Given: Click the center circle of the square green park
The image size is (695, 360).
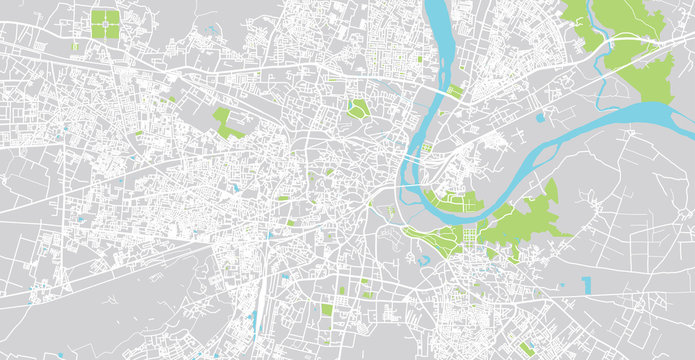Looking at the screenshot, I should [104, 24].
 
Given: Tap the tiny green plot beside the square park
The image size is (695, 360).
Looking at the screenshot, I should [75, 46].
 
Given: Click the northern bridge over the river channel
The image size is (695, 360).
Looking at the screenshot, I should [440, 88].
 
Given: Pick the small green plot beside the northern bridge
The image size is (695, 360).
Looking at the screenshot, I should [455, 92].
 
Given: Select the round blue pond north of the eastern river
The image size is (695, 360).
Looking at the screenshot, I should [539, 117].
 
